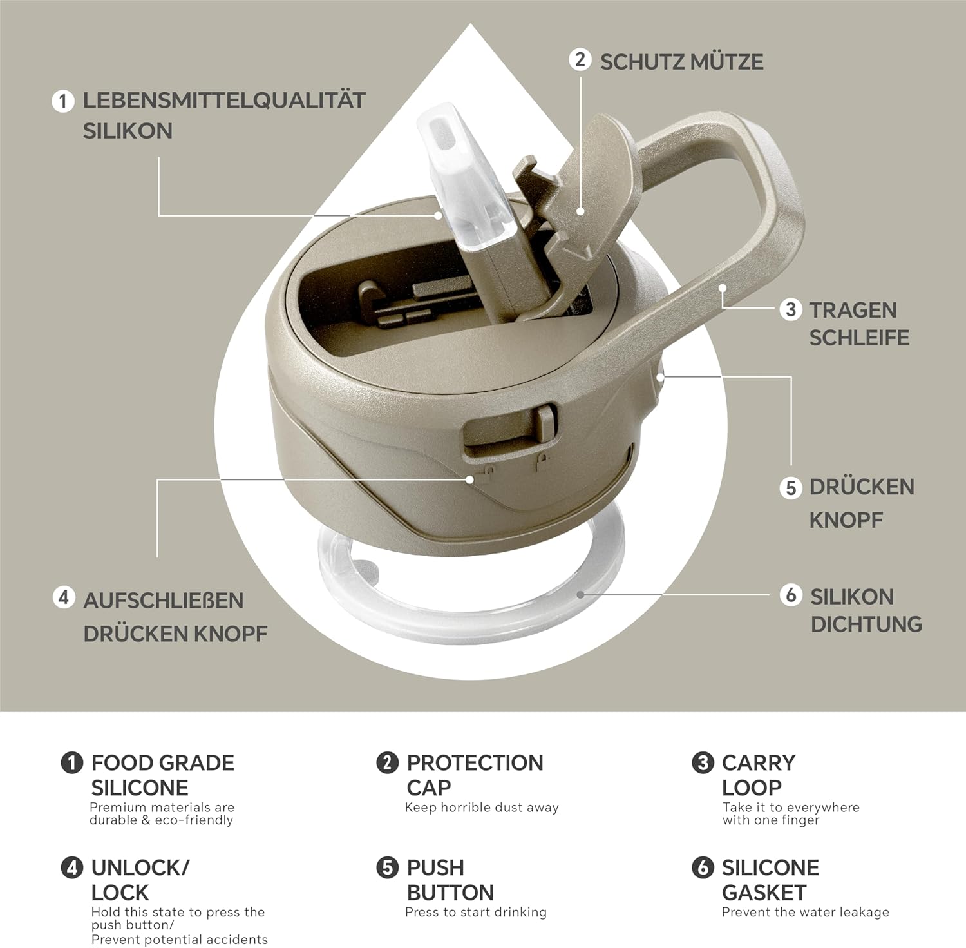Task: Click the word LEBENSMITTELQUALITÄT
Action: coord(224,101)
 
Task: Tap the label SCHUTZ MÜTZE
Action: coord(682,62)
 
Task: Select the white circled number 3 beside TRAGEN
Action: coord(791,309)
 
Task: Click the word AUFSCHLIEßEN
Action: coord(164,601)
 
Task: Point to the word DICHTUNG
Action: coord(866,624)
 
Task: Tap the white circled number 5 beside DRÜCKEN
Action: coord(791,487)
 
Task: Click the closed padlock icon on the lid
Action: coord(544,461)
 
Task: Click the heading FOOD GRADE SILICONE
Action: coord(162,775)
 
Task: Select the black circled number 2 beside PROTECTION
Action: coord(387,763)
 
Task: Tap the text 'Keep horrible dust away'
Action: coord(482,808)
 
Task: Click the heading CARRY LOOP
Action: coord(759,775)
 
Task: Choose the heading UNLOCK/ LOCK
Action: coord(140,880)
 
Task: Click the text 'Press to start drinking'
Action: coord(476,913)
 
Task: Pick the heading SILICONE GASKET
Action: coord(770,880)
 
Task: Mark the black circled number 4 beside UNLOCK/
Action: coord(72,868)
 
